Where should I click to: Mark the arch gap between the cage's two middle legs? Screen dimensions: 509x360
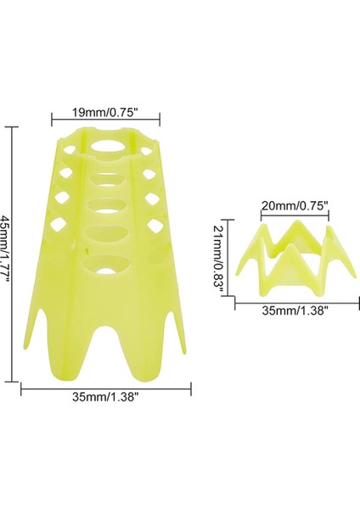pyautogui.click(x=108, y=356)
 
